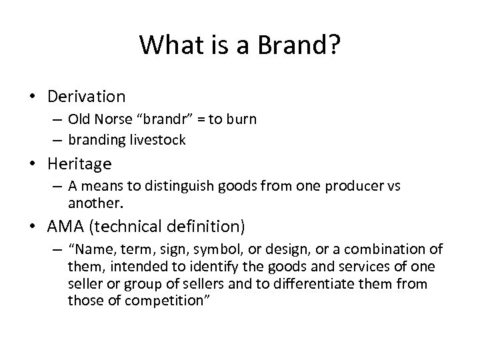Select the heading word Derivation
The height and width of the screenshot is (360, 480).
pyautogui.click(x=86, y=97)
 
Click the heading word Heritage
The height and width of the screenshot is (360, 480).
pyautogui.click(x=79, y=163)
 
